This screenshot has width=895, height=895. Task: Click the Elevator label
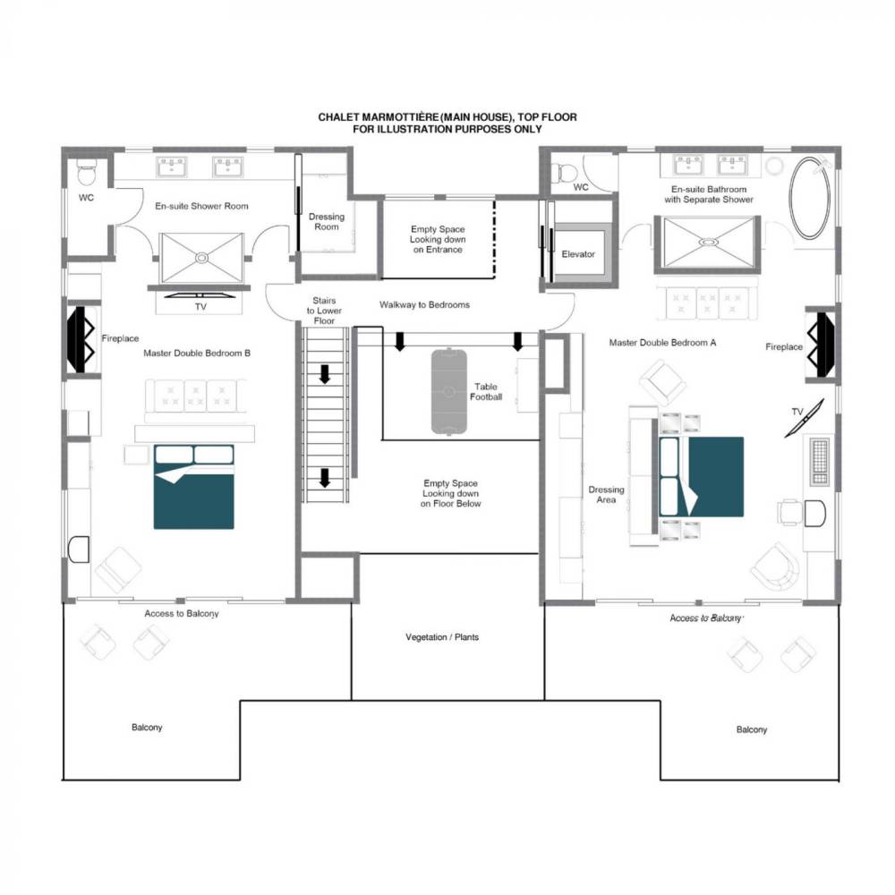click(x=577, y=254)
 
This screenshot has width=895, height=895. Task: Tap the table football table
click(x=448, y=391)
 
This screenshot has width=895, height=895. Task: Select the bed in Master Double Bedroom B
click(x=194, y=487)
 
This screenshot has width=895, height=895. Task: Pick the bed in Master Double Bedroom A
click(x=702, y=477)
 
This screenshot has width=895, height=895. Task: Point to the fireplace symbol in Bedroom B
click(x=81, y=339)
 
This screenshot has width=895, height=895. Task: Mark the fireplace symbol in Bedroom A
click(x=820, y=345)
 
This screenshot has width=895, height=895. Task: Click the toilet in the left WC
click(x=87, y=172)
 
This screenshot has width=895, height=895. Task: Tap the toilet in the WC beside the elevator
click(x=567, y=173)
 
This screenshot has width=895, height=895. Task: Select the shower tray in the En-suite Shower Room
click(x=201, y=258)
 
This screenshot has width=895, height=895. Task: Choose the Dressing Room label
click(x=327, y=221)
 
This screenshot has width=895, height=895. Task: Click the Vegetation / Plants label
click(x=442, y=637)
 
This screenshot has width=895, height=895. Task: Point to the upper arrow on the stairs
click(x=325, y=374)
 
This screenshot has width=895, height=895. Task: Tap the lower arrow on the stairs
click(x=325, y=478)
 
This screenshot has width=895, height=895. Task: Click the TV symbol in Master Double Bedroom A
click(x=805, y=418)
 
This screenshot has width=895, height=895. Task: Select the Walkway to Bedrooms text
click(x=424, y=305)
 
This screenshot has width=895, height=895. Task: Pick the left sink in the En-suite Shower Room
click(x=172, y=166)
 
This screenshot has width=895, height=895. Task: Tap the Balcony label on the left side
click(x=147, y=727)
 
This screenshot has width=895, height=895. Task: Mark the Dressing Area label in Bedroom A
click(x=606, y=494)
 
